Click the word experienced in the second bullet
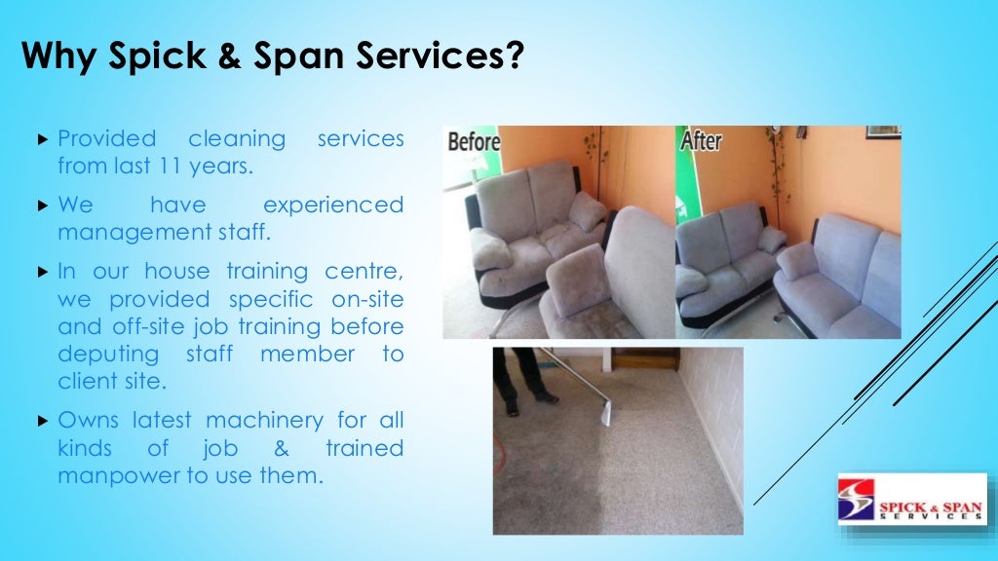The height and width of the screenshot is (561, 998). click(x=332, y=205)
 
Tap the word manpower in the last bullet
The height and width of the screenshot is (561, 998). click(x=107, y=476)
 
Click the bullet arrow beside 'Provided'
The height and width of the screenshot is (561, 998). click(x=42, y=140)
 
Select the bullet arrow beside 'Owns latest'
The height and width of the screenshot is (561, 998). click(x=42, y=422)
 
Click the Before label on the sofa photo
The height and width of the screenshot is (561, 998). click(x=474, y=142)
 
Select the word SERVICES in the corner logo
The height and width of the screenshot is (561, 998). click(x=930, y=515)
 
